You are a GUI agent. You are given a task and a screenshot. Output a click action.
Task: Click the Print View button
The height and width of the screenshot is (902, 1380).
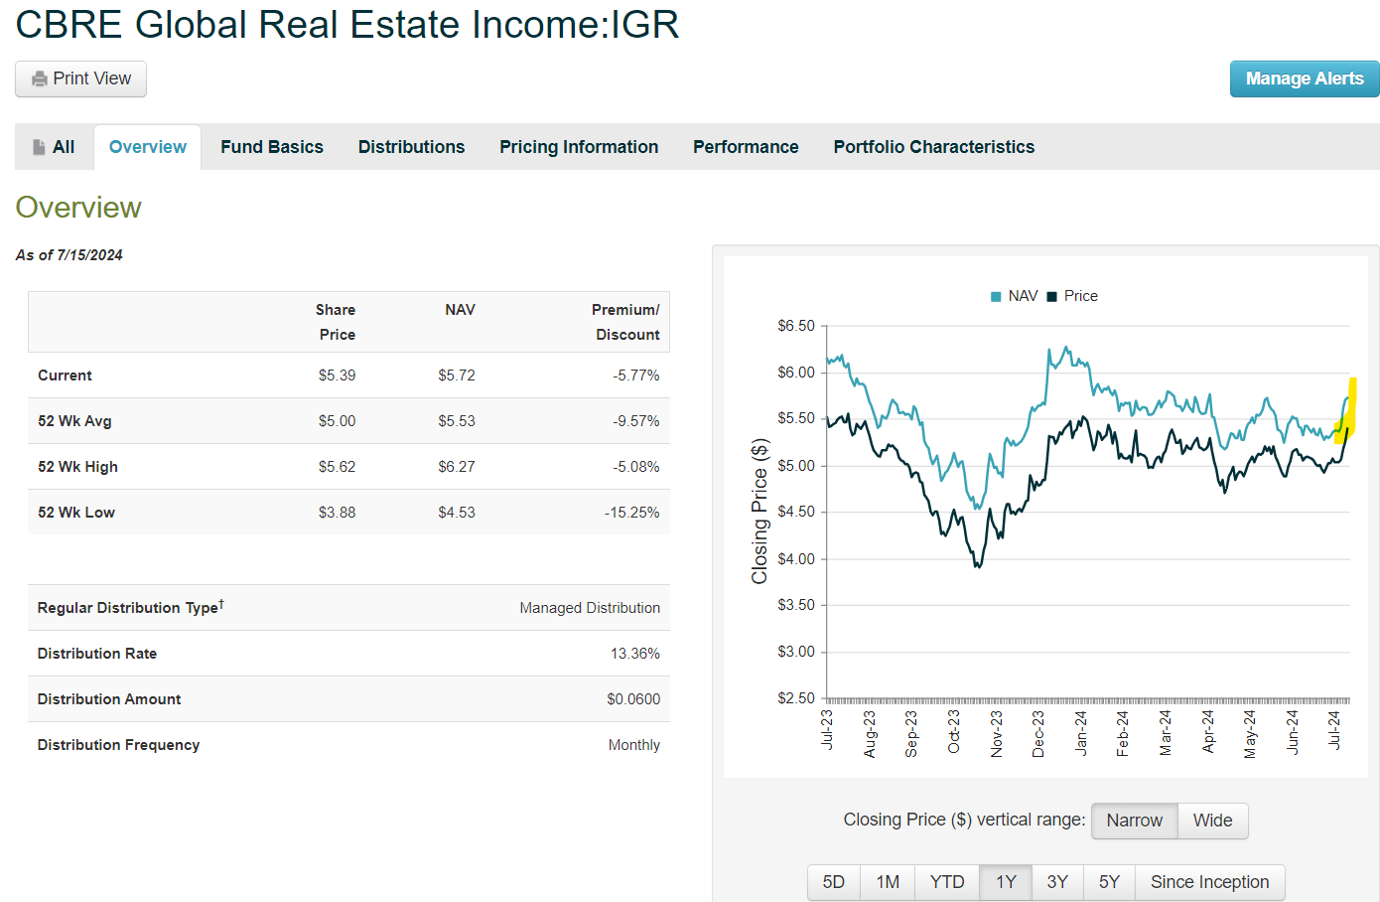coord(80,79)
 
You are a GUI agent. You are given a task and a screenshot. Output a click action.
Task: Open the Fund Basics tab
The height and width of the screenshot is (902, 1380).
coord(272,147)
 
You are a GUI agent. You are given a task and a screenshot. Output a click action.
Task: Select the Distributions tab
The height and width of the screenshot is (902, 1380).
coord(411,147)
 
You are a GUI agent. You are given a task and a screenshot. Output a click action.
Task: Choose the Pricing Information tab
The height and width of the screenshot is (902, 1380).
coord(579,147)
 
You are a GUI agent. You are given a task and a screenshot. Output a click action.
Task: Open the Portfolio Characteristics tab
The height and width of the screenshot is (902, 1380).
coord(933,147)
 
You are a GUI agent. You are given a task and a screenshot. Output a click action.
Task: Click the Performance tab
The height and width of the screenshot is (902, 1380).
coord(746,147)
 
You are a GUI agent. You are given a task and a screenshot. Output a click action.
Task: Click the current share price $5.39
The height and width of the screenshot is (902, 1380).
coord(337,376)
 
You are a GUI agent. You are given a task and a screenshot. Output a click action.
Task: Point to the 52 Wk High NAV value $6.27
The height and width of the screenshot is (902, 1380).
coord(457,467)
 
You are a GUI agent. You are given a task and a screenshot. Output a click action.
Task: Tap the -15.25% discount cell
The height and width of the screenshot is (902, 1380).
coord(632,513)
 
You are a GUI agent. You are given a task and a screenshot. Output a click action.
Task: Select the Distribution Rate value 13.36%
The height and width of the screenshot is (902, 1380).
coord(634,654)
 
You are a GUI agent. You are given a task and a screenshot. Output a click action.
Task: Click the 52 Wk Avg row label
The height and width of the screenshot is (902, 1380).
coord(74,421)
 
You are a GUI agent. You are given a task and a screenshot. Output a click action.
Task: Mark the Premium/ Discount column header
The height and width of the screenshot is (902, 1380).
coord(626,322)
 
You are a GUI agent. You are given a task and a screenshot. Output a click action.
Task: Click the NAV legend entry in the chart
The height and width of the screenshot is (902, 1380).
coord(1015,296)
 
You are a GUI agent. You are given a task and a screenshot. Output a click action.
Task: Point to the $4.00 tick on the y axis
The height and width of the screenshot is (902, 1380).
coord(795,559)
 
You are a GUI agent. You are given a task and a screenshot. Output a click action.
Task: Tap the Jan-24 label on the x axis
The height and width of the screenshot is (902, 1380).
coord(1081,733)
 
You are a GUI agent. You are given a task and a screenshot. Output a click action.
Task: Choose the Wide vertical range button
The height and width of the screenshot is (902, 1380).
coord(1212,821)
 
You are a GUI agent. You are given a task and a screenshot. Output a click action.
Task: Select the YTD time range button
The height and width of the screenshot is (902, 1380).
coord(947,882)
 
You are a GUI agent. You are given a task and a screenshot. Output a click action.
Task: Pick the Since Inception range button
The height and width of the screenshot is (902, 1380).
coord(1209,882)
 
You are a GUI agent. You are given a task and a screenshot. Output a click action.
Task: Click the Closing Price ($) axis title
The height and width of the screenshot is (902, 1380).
coord(760,511)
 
